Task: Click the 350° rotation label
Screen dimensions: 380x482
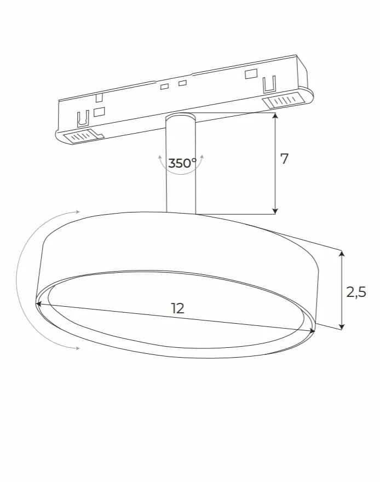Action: point(182,163)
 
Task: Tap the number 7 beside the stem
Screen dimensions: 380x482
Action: point(285,159)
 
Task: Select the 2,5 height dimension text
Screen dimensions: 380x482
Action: point(356,292)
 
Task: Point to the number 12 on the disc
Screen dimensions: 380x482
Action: point(177,308)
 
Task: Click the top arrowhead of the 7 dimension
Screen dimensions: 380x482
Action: point(275,115)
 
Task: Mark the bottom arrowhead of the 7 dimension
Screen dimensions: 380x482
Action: point(275,211)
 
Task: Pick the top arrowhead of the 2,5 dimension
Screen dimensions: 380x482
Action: point(342,253)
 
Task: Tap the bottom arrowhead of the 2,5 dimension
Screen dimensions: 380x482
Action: point(342,327)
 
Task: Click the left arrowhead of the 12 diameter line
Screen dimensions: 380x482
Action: point(38,303)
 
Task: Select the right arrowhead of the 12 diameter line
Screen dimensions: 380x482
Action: point(313,331)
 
